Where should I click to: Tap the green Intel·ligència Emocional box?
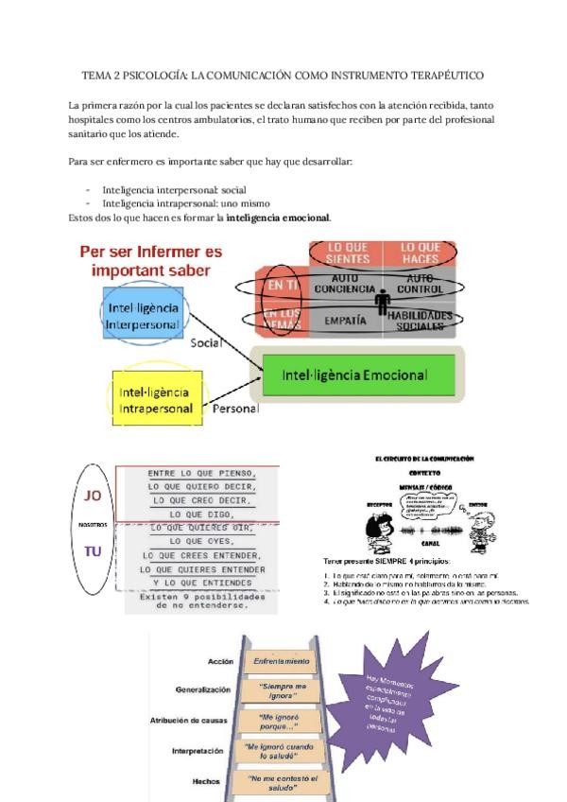[x=354, y=375]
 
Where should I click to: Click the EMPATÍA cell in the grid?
[x=345, y=321]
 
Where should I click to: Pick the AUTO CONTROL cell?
[x=419, y=283]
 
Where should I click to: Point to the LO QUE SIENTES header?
[x=347, y=253]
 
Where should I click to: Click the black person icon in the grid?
[x=383, y=303]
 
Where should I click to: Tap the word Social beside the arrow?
[x=206, y=343]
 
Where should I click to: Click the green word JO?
[x=93, y=496]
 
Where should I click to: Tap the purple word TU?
[x=93, y=551]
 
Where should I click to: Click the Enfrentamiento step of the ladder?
[x=281, y=660]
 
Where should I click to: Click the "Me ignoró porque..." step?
[x=282, y=721]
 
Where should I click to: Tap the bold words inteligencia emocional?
[x=278, y=218]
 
